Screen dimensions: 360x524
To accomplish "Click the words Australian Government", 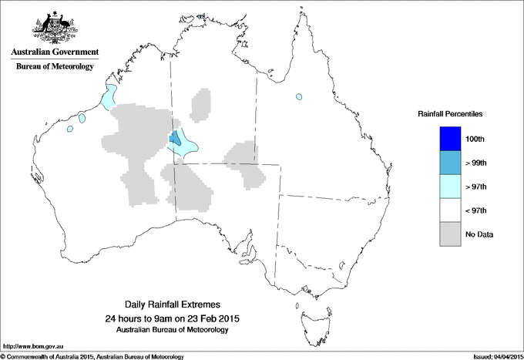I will (54, 52).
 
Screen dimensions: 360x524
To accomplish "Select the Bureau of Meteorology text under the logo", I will (54, 67).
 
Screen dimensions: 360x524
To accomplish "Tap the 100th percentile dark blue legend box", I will (450, 139).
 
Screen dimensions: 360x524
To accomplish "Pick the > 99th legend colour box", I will (450, 163).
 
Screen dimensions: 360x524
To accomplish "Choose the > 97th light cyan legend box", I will (450, 187).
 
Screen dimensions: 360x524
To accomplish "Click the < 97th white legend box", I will (450, 210).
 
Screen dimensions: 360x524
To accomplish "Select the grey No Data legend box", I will (450, 234).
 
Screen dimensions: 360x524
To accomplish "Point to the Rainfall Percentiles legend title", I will (450, 114).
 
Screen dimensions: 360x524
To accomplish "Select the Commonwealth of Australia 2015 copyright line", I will (92, 356).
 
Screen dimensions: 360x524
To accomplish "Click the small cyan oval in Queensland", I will (297, 97).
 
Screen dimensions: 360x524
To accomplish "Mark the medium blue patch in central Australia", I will (176, 140).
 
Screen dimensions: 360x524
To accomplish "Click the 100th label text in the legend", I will (475, 139).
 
